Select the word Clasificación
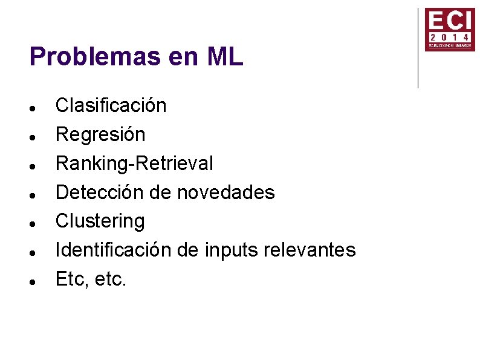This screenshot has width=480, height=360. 111,105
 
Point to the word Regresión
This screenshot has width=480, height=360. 100,134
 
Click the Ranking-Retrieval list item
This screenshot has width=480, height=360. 134,163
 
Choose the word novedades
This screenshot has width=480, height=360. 225,192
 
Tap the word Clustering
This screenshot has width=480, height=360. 100,221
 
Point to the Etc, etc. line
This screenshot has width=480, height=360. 91,279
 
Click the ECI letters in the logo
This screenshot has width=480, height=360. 449,21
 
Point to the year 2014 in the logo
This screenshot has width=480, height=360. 449,37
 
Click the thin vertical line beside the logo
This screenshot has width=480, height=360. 418,48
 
